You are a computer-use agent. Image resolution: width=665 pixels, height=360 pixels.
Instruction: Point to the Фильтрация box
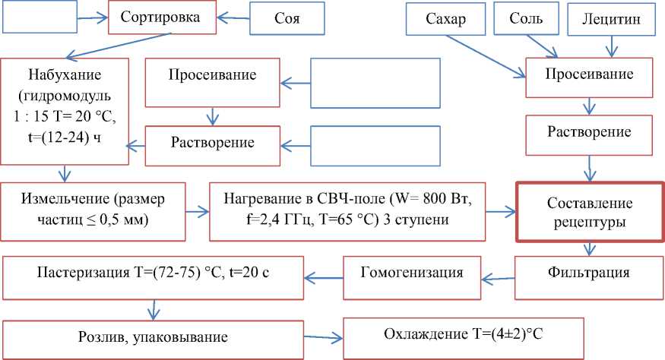coord(589,273)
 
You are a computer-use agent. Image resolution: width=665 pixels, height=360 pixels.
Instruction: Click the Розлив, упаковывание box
coord(153,335)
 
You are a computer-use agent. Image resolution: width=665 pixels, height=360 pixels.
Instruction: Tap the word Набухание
coord(65,77)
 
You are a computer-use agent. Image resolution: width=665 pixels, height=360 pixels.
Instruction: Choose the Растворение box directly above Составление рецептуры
coord(589,132)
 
